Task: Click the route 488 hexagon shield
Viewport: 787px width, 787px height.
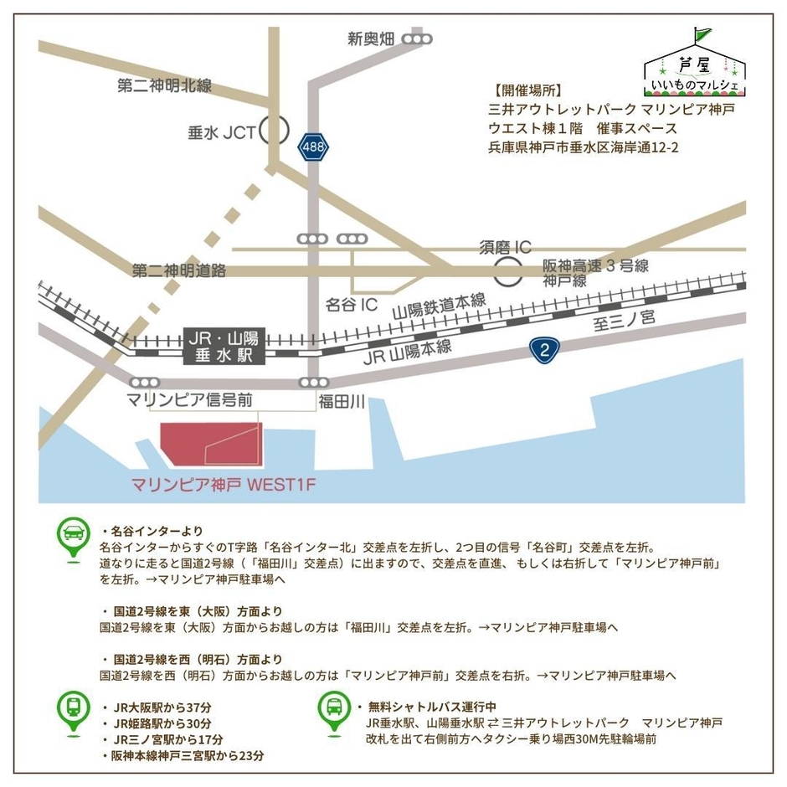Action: pyautogui.click(x=313, y=147)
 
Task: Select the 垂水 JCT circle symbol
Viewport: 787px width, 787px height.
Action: pyautogui.click(x=274, y=131)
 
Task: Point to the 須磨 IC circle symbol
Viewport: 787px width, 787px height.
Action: pyautogui.click(x=507, y=271)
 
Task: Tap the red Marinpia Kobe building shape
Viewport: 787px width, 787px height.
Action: pyautogui.click(x=211, y=443)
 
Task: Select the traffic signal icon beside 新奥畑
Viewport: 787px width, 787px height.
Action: pyautogui.click(x=417, y=39)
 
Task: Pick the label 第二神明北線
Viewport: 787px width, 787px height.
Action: pyautogui.click(x=164, y=85)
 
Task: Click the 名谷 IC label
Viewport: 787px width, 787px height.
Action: pyautogui.click(x=352, y=305)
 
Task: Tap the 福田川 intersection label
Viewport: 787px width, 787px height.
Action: pyautogui.click(x=341, y=403)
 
